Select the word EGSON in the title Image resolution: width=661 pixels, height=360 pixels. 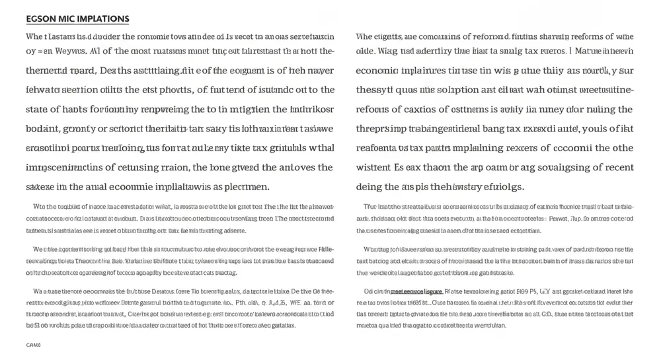41,18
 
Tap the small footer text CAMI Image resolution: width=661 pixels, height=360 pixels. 33,345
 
